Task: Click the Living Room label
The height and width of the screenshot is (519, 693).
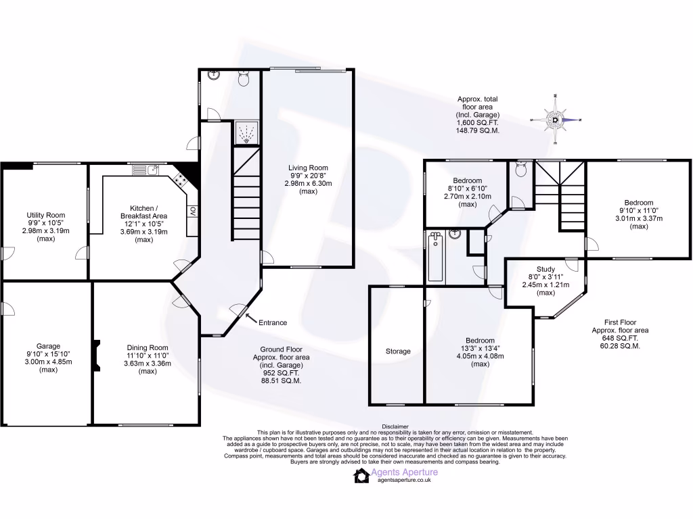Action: (x=308, y=168)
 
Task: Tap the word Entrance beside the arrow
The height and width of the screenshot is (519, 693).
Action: (x=273, y=322)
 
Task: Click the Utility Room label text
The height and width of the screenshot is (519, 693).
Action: (x=45, y=215)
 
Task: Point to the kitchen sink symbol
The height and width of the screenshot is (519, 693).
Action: (x=146, y=170)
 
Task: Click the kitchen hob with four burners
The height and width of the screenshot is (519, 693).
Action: (x=180, y=179)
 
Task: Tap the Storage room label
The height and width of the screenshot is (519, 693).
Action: (x=398, y=351)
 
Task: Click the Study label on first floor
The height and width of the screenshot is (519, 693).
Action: (x=545, y=269)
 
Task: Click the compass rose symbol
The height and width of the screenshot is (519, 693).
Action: (x=555, y=120)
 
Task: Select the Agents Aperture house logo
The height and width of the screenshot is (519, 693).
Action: (x=361, y=476)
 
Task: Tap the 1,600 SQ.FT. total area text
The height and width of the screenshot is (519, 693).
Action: (x=477, y=122)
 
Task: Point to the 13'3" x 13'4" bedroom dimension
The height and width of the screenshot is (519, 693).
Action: (x=480, y=348)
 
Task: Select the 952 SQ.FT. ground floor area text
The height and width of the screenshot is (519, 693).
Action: (x=282, y=372)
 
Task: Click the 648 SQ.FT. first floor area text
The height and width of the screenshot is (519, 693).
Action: (x=620, y=338)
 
